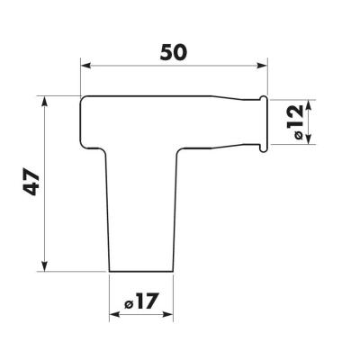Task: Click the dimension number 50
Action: click(174, 52)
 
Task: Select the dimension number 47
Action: click(31, 183)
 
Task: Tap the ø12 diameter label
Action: click(295, 121)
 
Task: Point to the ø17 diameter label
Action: click(140, 301)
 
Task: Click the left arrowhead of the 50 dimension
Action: click(85, 66)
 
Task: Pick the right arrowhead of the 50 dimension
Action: click(262, 66)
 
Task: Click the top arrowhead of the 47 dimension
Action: click(44, 102)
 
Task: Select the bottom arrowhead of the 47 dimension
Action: click(44, 266)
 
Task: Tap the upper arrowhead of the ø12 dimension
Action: click(309, 104)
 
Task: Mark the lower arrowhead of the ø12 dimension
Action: click(309, 139)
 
